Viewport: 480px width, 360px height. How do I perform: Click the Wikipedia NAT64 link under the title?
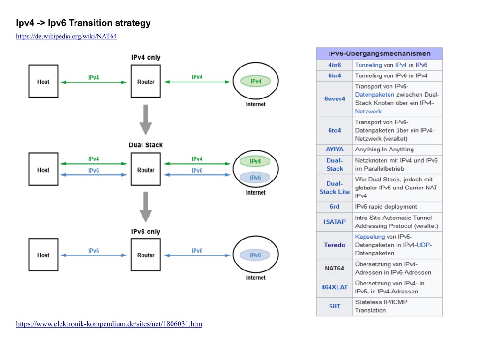tap(66, 37)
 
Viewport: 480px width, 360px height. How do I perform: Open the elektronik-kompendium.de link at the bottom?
tap(109, 324)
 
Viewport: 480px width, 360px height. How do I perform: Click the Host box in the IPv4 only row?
tap(43, 82)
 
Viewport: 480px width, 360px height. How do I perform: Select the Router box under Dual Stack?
tap(146, 170)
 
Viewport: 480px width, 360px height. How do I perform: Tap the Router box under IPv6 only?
tap(146, 255)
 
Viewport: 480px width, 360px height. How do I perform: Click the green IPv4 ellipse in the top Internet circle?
tap(255, 81)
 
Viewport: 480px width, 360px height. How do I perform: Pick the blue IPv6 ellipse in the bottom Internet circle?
tap(255, 255)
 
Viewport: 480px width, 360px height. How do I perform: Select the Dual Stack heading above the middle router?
tap(146, 145)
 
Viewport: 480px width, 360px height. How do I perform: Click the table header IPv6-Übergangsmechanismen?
tap(379, 54)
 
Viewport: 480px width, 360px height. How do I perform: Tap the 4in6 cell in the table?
tap(335, 65)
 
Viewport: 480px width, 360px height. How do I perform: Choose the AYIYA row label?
tap(335, 150)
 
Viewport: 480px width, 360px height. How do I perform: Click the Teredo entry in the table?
tap(335, 245)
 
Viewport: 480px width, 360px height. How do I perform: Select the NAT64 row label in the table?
tap(335, 269)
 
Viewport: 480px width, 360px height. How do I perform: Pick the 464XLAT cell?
tap(335, 287)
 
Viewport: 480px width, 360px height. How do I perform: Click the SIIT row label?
tap(335, 306)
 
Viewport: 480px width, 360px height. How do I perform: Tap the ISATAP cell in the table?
tap(335, 221)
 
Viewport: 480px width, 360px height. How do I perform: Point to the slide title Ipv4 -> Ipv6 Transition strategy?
tap(83, 23)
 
